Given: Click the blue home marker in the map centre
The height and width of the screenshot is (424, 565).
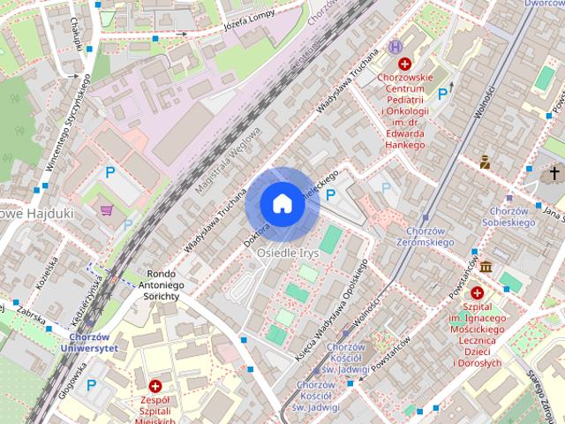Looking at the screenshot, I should [x=282, y=203].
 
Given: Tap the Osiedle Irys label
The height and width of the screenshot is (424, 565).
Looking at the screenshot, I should [x=286, y=251].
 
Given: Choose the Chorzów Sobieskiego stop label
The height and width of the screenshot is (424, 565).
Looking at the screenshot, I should [x=508, y=218].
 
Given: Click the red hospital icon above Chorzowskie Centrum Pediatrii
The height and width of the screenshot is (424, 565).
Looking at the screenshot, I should [x=404, y=64].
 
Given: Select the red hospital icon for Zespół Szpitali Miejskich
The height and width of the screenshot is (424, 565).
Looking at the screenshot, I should [x=155, y=386].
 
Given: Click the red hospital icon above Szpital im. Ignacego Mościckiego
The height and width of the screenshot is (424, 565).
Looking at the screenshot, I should [x=478, y=292].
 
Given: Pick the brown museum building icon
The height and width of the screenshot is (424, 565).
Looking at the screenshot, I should [x=486, y=267].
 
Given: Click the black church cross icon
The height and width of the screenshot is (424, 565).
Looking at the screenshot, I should [x=554, y=172].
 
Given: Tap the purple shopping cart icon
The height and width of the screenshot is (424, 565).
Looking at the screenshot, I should [x=107, y=210].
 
